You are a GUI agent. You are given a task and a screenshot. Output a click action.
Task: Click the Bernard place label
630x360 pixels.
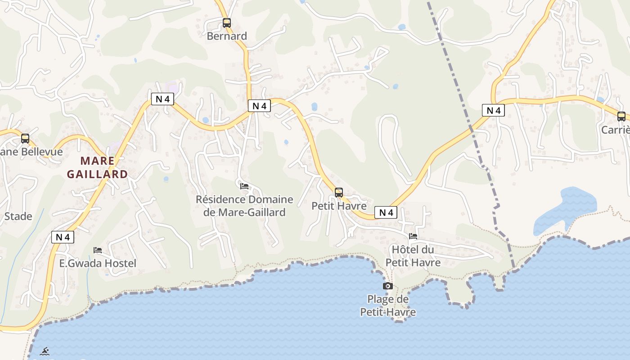227,36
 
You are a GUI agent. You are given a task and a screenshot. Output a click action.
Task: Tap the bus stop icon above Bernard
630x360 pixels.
227,22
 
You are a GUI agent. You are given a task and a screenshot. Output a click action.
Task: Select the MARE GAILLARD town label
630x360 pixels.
97,167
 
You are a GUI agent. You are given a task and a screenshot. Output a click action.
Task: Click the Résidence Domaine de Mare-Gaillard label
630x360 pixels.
244,206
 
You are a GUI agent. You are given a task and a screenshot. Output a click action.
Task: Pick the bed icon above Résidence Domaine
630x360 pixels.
244,186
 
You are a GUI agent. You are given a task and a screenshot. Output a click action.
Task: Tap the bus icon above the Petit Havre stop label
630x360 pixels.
339,193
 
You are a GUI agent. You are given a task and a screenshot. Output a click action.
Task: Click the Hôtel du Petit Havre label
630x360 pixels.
413,256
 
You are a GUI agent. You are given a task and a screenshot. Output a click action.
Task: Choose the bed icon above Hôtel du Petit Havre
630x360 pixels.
413,236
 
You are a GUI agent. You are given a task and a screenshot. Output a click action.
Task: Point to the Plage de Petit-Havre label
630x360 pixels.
388,306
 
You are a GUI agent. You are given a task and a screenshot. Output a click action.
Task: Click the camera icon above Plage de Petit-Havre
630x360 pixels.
388,286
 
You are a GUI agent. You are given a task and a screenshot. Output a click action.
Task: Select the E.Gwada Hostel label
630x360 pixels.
98,263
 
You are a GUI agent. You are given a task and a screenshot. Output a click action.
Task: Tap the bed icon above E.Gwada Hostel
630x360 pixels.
98,250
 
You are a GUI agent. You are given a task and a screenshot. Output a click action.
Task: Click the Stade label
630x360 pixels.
18,216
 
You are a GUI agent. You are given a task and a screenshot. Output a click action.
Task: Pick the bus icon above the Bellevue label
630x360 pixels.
25,139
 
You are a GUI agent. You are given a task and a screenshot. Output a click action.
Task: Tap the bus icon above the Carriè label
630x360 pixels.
621,117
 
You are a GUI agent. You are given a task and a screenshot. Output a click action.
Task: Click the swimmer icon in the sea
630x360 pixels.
44,351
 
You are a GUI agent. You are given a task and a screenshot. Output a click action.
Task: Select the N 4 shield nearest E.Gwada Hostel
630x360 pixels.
63,237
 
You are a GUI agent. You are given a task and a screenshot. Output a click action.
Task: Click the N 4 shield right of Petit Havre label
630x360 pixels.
386,212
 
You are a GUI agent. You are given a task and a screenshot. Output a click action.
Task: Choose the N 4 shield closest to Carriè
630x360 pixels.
493,110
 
